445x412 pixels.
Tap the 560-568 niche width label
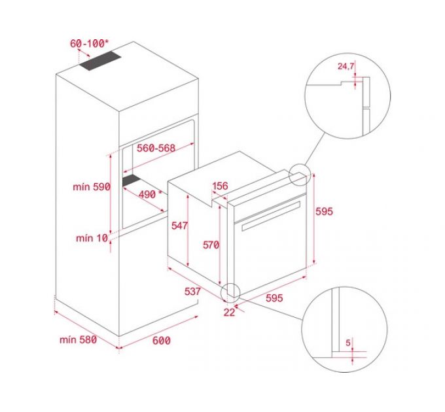point(156,148)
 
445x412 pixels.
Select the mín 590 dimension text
point(92,186)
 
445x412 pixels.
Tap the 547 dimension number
point(180,226)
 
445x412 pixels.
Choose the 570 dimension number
point(210,245)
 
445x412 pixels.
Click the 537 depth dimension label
point(192,291)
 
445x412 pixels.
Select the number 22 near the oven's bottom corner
point(229,312)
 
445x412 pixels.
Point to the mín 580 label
point(77,339)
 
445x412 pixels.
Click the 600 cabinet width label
point(162,340)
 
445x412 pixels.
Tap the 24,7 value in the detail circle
point(347,66)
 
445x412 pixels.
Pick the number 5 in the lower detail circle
point(349,342)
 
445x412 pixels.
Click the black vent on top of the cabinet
point(101,62)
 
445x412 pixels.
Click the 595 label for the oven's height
point(325,211)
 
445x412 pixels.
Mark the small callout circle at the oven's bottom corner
point(230,292)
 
